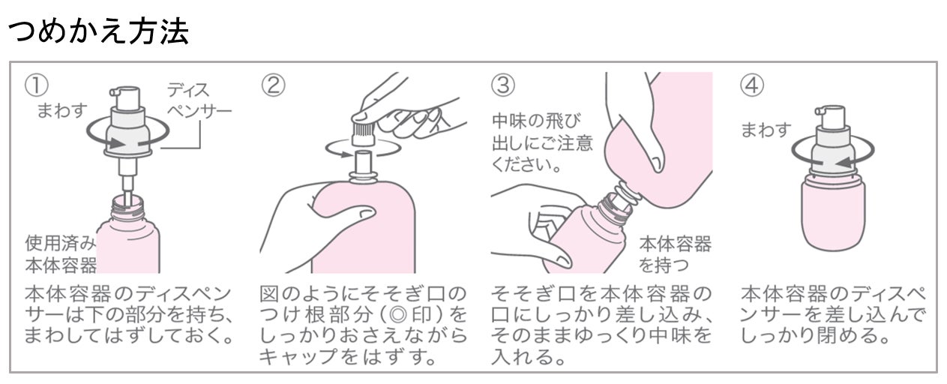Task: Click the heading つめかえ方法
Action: pos(98,31)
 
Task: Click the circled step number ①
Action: pos(36,85)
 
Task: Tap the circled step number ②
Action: pos(273,85)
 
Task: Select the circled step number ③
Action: pos(502,85)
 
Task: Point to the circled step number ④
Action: pos(752,85)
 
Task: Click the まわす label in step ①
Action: pos(61,111)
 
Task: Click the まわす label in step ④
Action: pos(766,130)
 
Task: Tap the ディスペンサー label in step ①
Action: pos(199,100)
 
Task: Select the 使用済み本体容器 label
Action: pos(61,254)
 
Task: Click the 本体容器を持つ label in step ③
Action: pos(675,254)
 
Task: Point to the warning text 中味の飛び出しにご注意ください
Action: pos(542,142)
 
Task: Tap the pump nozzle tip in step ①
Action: pos(112,91)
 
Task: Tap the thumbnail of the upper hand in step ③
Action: pos(657,164)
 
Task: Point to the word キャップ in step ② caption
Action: pos(299,356)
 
